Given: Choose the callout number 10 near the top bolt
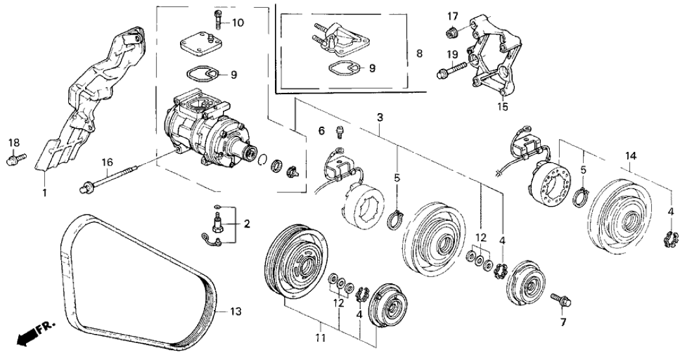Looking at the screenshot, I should click(238, 23).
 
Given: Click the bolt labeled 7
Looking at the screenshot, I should click(560, 300).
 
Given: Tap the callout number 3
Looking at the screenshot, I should click(380, 117).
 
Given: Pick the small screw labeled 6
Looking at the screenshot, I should click(339, 133).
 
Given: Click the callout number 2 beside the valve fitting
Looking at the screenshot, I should click(246, 224).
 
